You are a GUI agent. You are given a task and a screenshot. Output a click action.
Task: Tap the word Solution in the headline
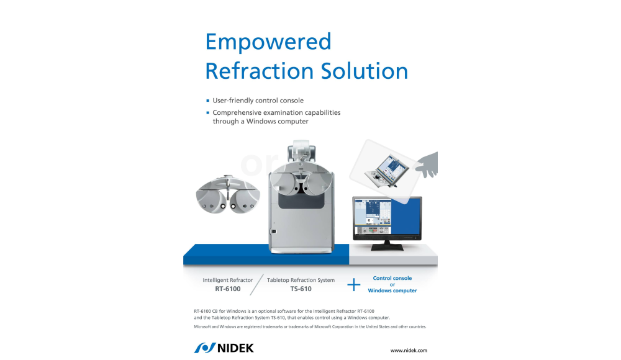tap(365, 71)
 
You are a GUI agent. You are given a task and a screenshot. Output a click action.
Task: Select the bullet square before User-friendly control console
tap(207, 101)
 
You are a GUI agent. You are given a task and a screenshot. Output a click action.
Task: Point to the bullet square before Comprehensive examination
tap(207, 112)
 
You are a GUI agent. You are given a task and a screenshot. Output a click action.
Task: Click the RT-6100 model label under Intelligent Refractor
tap(228, 289)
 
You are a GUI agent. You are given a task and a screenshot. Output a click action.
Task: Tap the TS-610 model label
tap(301, 289)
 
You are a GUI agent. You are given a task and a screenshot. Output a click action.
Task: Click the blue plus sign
tap(354, 284)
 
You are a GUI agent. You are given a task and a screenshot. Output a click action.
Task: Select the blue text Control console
tap(392, 278)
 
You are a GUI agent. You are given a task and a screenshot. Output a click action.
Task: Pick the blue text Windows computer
tap(392, 290)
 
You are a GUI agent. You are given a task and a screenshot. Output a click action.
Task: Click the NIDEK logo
tap(224, 348)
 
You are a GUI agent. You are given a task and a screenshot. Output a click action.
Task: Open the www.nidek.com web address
tap(409, 350)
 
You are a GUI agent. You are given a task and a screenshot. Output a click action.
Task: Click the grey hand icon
tap(428, 164)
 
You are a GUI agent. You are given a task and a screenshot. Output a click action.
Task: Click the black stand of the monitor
tap(387, 246)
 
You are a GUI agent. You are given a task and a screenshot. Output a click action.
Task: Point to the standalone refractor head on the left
tap(228, 194)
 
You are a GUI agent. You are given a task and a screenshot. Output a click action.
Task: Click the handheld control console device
tap(386, 171)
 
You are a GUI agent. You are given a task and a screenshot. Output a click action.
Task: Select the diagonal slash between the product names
tap(256, 284)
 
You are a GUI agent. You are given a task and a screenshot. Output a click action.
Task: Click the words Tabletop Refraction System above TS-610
tap(301, 280)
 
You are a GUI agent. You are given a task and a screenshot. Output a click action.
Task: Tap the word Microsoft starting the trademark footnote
tap(202, 326)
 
